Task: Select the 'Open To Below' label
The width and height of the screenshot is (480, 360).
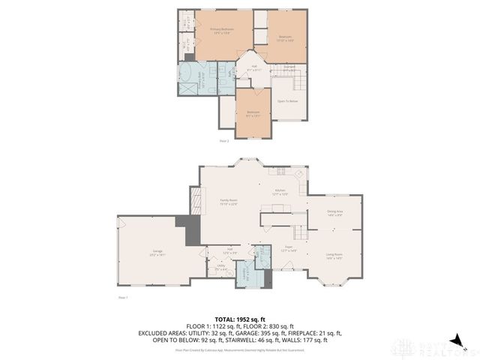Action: [288, 101]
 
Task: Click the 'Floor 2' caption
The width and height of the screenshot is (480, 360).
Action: [223, 140]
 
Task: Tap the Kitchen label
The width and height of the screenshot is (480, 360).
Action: [280, 192]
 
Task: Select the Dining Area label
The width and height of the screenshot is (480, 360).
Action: [334, 213]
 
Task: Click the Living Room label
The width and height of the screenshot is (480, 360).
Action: [334, 256]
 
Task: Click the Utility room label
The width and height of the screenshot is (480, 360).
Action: [221, 267]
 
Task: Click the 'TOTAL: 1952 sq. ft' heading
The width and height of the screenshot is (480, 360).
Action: [239, 319]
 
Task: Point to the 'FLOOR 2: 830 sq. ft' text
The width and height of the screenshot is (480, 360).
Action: [271, 325]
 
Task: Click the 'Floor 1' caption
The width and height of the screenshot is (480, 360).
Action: [123, 298]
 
